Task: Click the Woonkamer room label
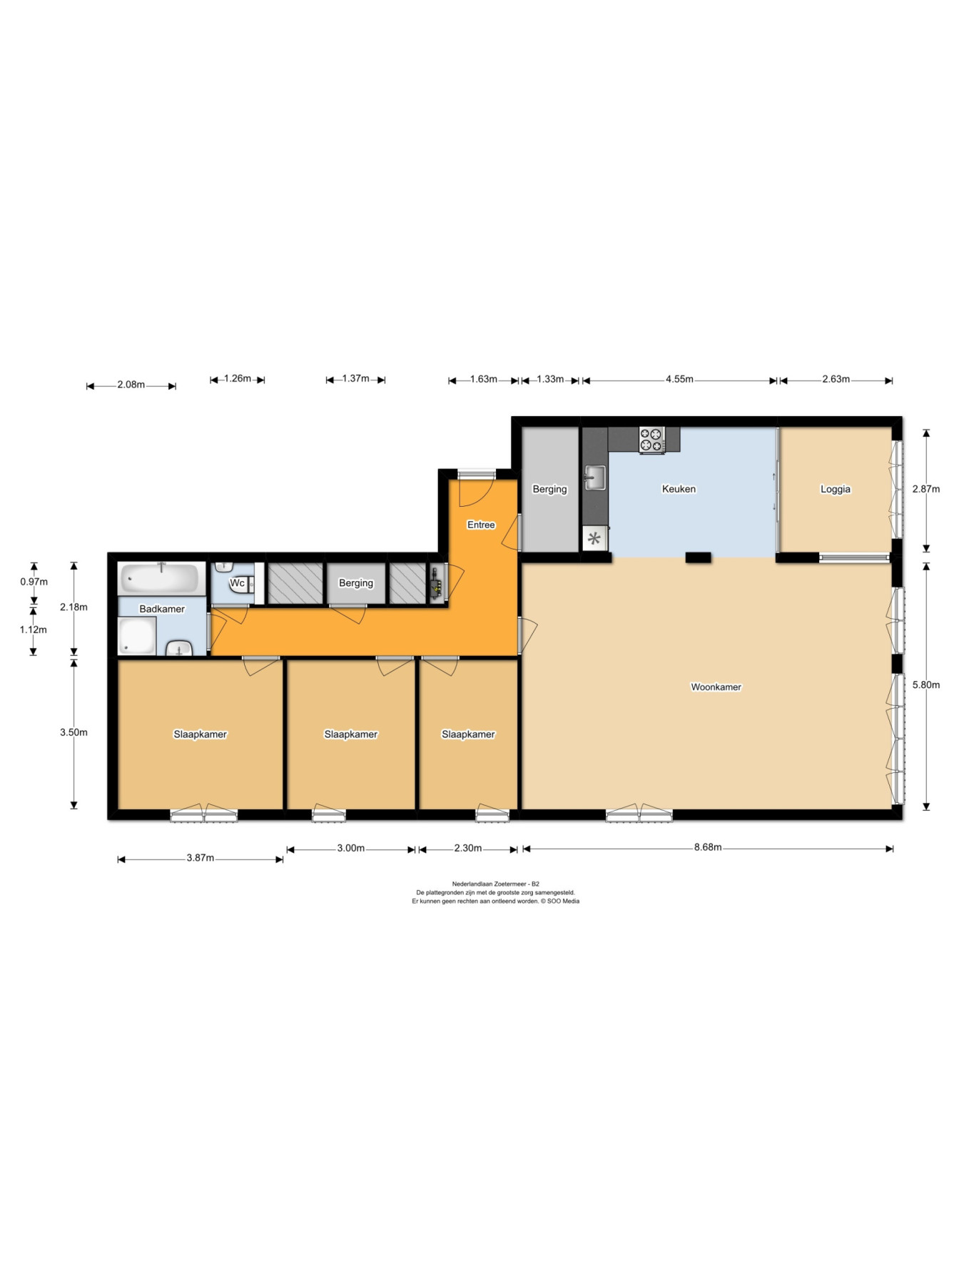pyautogui.click(x=716, y=687)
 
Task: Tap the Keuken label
pyautogui.click(x=679, y=489)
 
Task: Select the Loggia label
pyautogui.click(x=836, y=490)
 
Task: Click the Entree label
pyautogui.click(x=481, y=525)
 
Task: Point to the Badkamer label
pyautogui.click(x=162, y=609)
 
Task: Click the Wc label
pyautogui.click(x=237, y=583)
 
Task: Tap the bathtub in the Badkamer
pyautogui.click(x=160, y=579)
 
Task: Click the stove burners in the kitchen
pyautogui.click(x=651, y=440)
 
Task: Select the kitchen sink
pyautogui.click(x=594, y=478)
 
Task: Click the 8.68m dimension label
pyautogui.click(x=708, y=848)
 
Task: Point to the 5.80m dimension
pyautogui.click(x=926, y=685)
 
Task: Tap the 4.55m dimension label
pyautogui.click(x=679, y=380)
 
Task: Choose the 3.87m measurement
pyautogui.click(x=201, y=859)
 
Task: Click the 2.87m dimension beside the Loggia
pyautogui.click(x=926, y=490)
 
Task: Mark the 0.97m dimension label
pyautogui.click(x=34, y=582)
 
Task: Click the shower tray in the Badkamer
pyautogui.click(x=137, y=636)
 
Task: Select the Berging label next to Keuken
pyautogui.click(x=549, y=490)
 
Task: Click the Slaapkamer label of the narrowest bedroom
pyautogui.click(x=468, y=734)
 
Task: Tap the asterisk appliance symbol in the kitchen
pyautogui.click(x=594, y=538)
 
